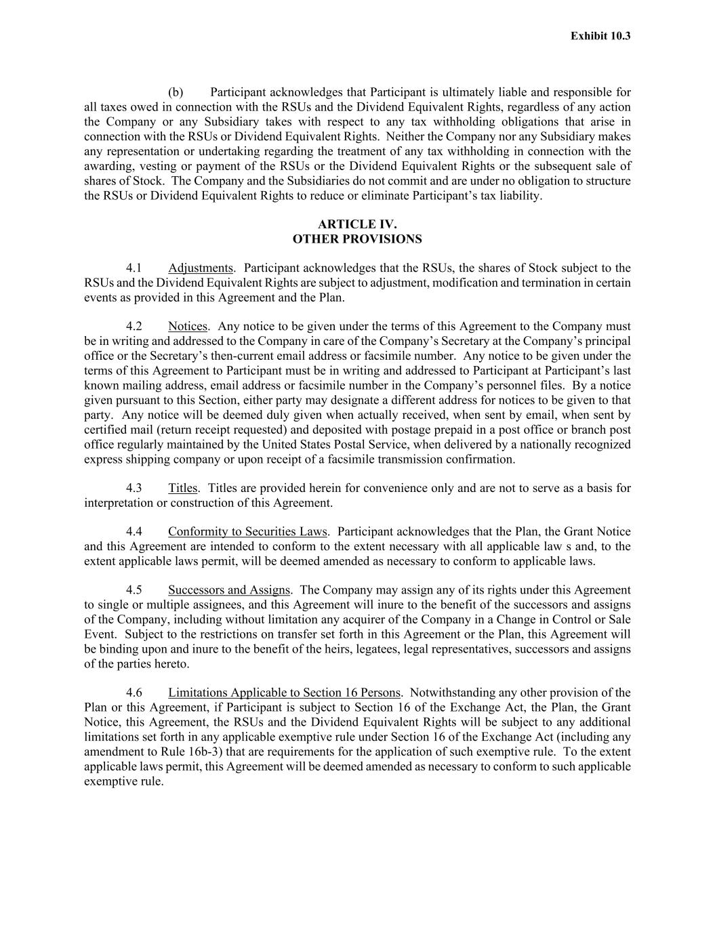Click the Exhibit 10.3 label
(600, 36)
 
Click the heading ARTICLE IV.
(357, 224)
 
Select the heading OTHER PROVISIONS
(357, 239)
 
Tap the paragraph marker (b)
(176, 92)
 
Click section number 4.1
(134, 268)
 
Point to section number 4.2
(134, 327)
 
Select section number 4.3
(134, 488)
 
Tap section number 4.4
(134, 532)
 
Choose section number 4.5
(134, 590)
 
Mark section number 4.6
(134, 693)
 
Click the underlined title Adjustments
(201, 268)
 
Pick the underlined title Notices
(188, 327)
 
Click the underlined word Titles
(183, 488)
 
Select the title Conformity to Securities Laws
(247, 532)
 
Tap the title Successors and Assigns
(229, 590)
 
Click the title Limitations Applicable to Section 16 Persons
(285, 693)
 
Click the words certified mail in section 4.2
(115, 430)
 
